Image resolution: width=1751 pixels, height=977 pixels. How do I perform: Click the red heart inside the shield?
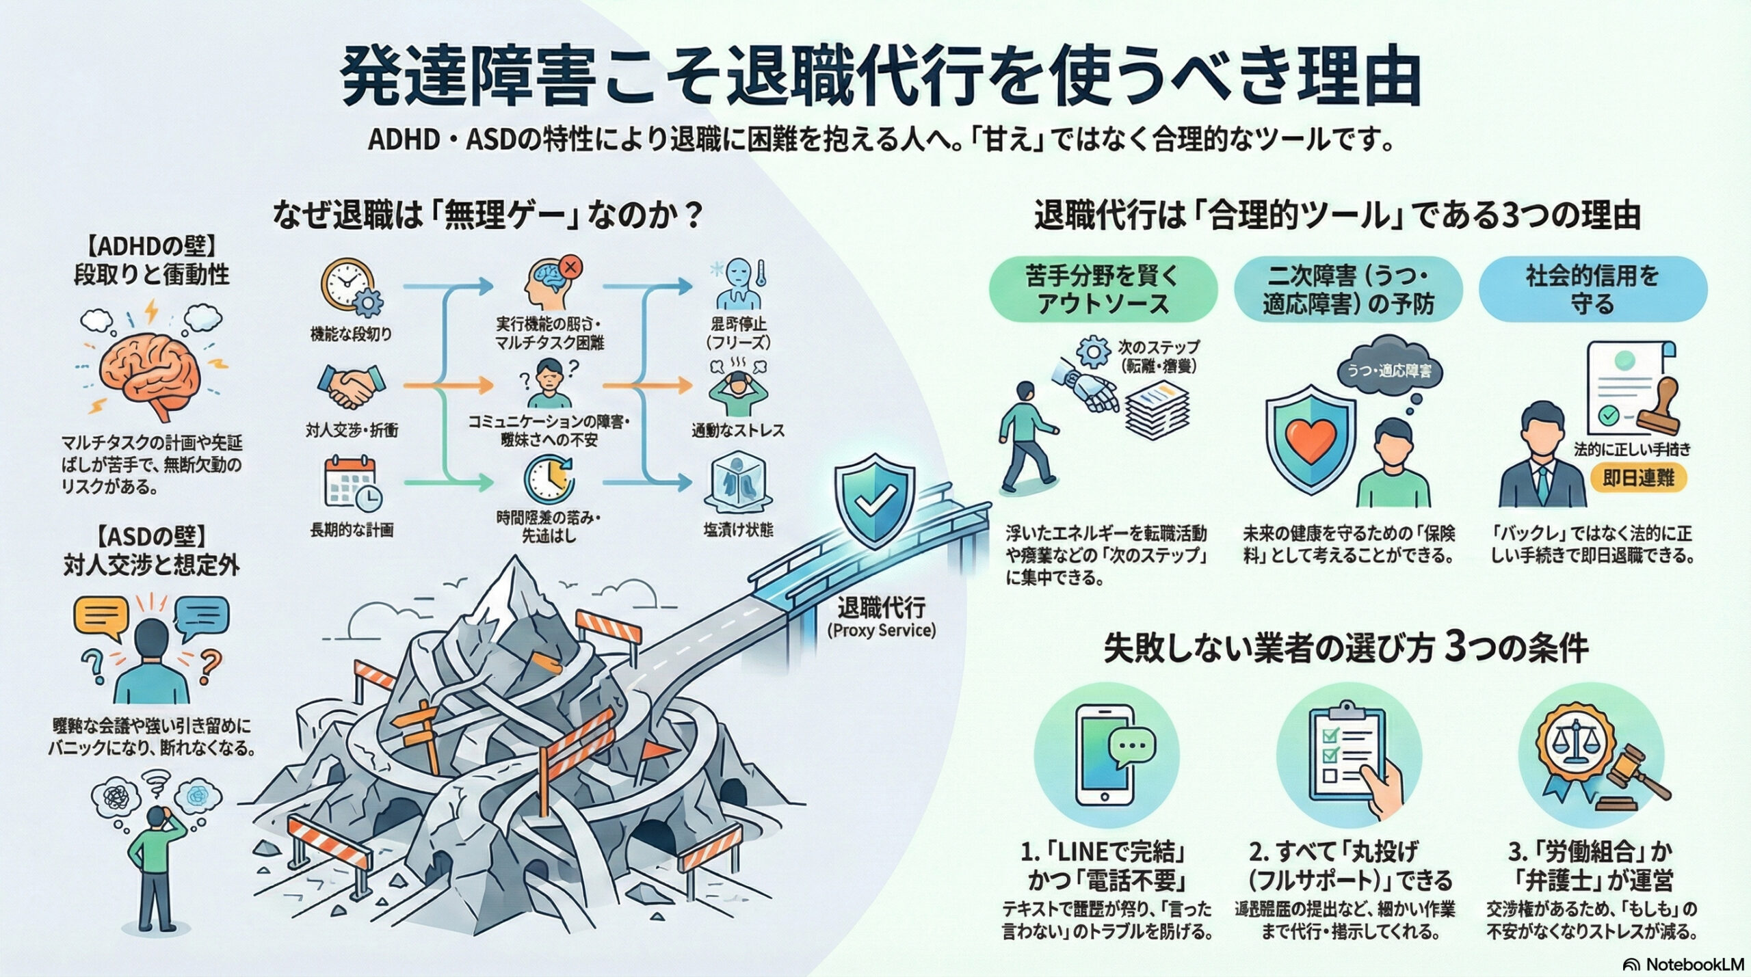(1309, 438)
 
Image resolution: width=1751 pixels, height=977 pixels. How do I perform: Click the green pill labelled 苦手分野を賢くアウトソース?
(1103, 290)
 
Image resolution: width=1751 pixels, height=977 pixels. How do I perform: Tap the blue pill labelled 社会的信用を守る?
(1592, 290)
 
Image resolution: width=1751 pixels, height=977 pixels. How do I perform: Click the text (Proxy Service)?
(881, 630)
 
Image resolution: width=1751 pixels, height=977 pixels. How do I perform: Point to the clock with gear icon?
(351, 286)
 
